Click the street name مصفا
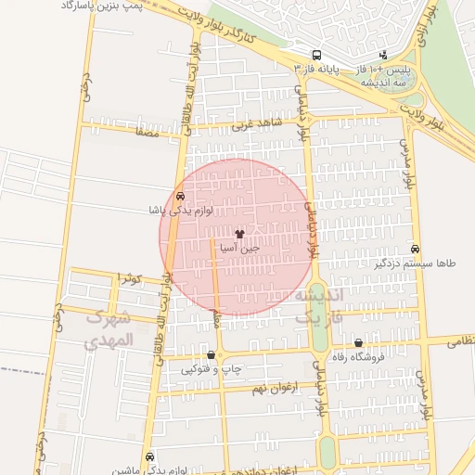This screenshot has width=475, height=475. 147,133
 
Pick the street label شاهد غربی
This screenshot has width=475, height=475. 256,123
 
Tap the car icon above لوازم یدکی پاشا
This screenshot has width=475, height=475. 179,196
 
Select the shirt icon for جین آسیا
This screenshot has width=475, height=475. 242,234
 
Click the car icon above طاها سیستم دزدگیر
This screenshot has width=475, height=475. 415,249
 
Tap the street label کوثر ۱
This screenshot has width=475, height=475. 131,276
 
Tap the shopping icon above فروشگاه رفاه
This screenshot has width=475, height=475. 358,342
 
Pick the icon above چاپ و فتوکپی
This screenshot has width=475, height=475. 212,355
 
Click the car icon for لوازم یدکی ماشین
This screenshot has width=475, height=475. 150,456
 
